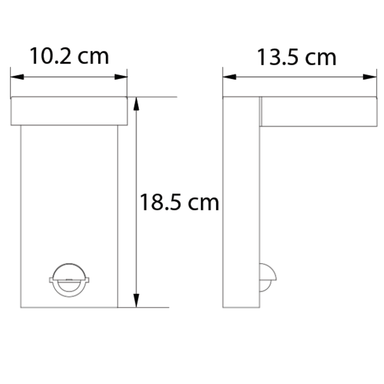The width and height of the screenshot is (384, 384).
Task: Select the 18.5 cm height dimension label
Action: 179,202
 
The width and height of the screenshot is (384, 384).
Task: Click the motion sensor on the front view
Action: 69,280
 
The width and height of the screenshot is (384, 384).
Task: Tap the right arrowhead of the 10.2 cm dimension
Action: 121,77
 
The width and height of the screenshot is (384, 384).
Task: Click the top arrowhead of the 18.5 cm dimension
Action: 137,104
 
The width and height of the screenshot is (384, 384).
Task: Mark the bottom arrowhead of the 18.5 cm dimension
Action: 137,300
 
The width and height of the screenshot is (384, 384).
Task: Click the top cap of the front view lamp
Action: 69,111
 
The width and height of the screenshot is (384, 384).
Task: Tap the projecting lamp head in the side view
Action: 319,112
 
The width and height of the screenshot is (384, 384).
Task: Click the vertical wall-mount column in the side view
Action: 241,203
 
